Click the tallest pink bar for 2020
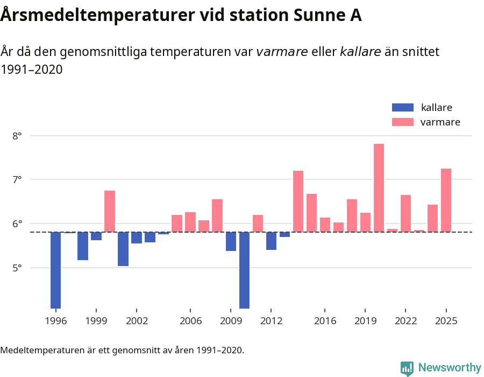tap(379, 188)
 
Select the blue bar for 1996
tap(55, 270)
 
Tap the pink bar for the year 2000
tap(110, 211)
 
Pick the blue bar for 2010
tap(244, 270)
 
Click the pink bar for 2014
tap(298, 201)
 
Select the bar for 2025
tap(446, 200)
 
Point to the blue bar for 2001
tap(123, 249)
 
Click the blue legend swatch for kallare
tap(403, 107)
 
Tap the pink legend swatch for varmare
tap(403, 122)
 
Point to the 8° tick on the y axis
tap(17, 136)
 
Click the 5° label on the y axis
tap(17, 268)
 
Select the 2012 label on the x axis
tap(271, 321)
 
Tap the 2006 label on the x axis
tap(190, 321)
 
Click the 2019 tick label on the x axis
tap(365, 321)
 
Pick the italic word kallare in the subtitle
tap(360, 52)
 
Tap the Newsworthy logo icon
tap(407, 368)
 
